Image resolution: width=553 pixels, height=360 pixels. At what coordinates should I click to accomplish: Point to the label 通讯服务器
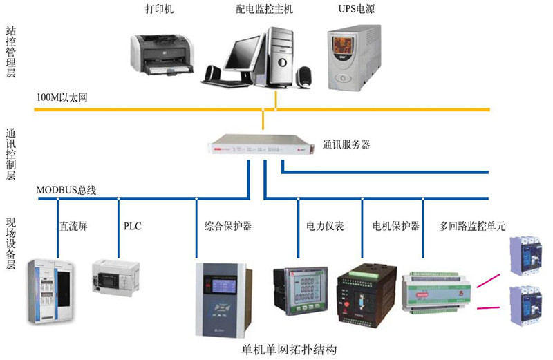[346, 145]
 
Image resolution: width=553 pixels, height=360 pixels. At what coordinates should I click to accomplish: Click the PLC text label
[132, 226]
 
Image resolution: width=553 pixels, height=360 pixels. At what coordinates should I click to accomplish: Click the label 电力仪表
[325, 226]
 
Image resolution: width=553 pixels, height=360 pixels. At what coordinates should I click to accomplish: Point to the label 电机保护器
[395, 226]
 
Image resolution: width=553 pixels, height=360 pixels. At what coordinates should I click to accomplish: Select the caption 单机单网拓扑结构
[290, 349]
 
